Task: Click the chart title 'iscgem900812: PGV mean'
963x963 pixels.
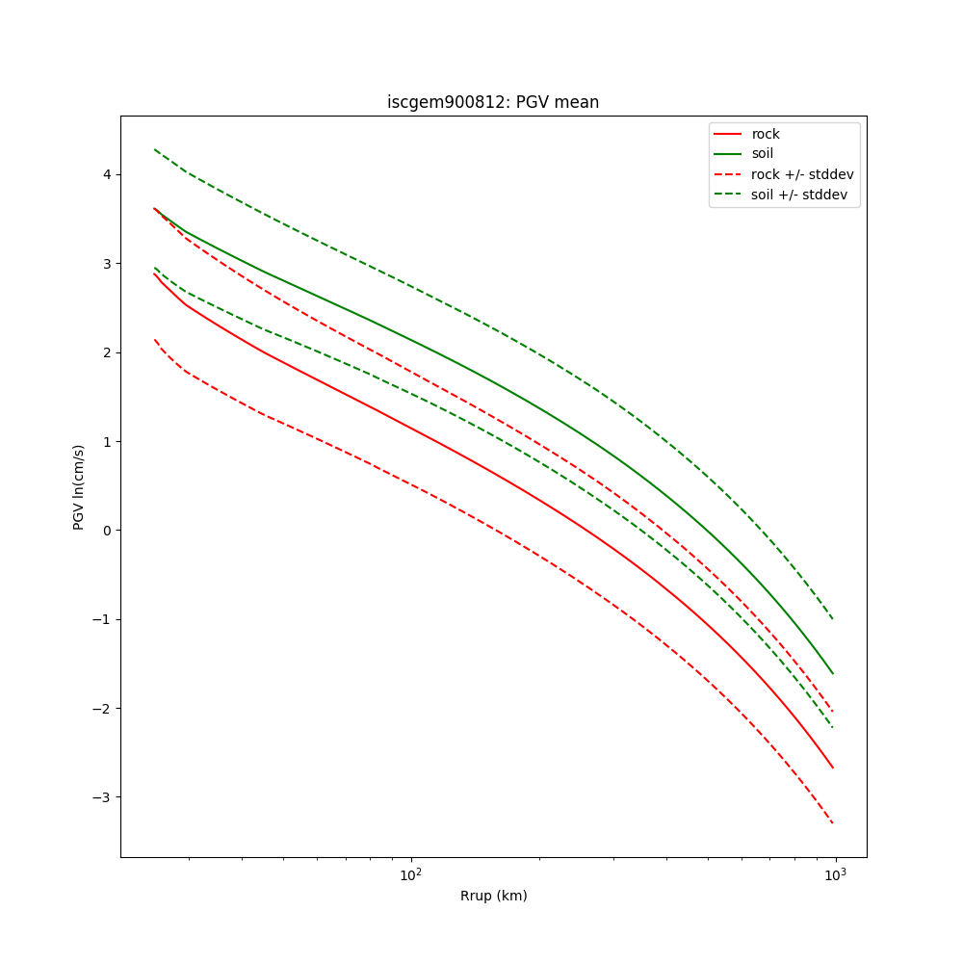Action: tap(493, 102)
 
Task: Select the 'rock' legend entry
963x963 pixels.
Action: tap(766, 134)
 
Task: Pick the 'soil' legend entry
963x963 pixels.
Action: tap(762, 154)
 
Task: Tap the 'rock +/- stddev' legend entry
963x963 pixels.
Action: tap(802, 174)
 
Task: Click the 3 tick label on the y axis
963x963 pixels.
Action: tap(108, 264)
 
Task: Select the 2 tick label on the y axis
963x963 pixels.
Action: tap(108, 352)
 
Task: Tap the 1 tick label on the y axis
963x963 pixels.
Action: tap(108, 442)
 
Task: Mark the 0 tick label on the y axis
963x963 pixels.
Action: tap(108, 531)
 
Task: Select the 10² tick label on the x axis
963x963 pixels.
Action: tap(411, 874)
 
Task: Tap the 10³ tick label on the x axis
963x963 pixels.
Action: tap(835, 874)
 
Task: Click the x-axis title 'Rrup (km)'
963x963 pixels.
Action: tap(493, 896)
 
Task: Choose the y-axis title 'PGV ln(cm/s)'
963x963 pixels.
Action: tap(79, 486)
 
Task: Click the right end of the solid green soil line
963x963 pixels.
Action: tap(833, 673)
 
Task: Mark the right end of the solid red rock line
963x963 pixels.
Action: tap(833, 768)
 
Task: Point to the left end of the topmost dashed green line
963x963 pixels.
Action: tap(155, 149)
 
